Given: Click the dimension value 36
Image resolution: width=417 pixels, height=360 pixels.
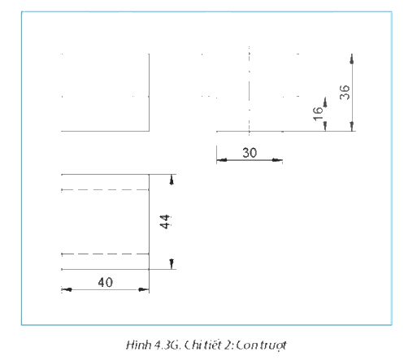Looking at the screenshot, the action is tap(345, 93).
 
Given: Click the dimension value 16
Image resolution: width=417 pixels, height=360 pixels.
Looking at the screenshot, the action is tap(318, 114).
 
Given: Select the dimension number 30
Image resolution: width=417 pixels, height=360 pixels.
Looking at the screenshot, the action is tap(250, 153).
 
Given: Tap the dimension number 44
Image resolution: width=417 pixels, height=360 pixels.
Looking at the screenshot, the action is tap(165, 222).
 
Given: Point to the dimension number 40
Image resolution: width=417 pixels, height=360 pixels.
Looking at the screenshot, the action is tap(105, 283).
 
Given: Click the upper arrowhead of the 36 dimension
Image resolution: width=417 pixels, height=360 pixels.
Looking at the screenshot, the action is tap(352, 59).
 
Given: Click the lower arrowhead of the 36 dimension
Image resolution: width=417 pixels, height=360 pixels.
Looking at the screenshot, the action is tap(352, 126).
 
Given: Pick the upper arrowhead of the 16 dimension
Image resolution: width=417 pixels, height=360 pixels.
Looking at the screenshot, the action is tap(325, 102).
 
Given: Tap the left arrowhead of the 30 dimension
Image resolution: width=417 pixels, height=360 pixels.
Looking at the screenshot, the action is tap(222, 160).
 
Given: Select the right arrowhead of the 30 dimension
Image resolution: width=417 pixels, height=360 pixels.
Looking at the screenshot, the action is tap(277, 160).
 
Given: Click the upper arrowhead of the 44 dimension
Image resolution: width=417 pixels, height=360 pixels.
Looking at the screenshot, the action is tap(172, 180).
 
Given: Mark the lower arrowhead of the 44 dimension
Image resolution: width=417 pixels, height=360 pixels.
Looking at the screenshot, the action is tap(172, 264).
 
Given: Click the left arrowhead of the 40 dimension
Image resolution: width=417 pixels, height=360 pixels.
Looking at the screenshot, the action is tap(67, 289).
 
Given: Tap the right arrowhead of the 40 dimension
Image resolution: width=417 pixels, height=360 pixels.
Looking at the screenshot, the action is tap(144, 289).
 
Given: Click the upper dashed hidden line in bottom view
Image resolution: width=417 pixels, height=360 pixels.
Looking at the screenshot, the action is tap(105, 189).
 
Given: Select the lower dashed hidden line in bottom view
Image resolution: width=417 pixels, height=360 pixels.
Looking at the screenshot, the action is tap(105, 254).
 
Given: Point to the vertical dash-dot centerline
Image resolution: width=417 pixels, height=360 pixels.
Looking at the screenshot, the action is tap(250, 90).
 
